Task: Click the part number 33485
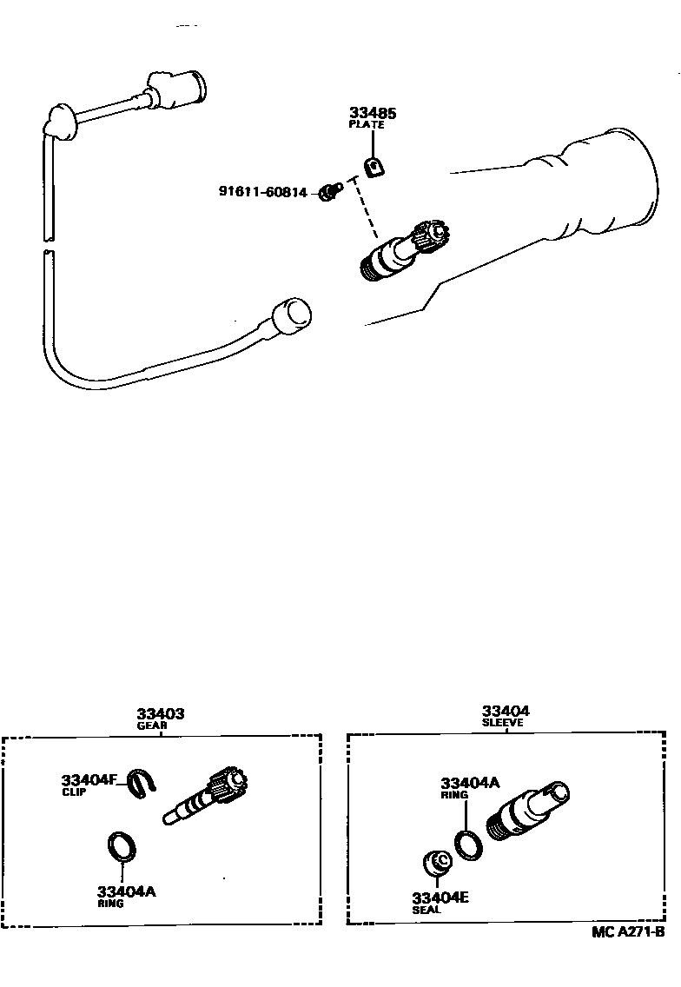tap(372, 113)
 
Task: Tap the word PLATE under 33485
tap(366, 125)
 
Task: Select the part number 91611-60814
tap(262, 192)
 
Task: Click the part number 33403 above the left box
tap(161, 713)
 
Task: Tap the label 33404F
tap(89, 779)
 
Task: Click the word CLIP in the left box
tap(74, 792)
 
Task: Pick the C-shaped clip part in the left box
tap(141, 783)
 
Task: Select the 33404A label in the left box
tap(127, 891)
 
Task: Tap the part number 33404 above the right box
tap(506, 711)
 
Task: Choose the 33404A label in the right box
tap(470, 783)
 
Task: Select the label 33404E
tap(440, 898)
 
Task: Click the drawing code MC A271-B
tap(628, 932)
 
